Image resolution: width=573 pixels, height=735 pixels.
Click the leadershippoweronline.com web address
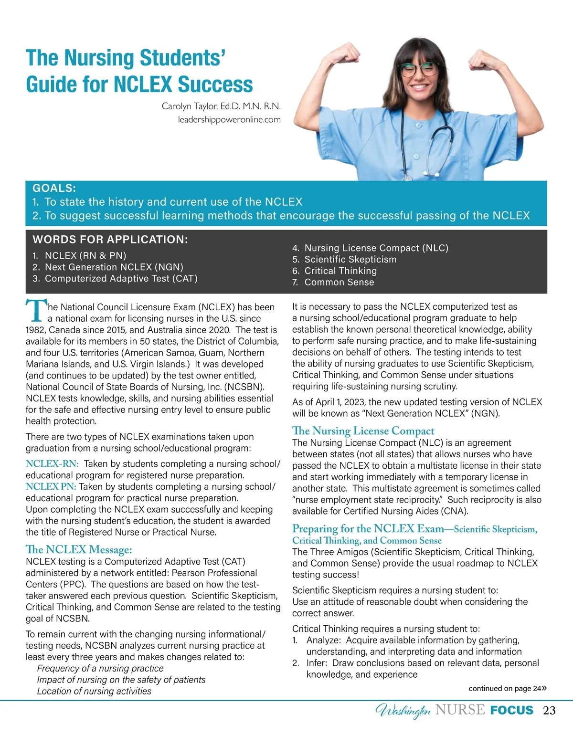click(229, 119)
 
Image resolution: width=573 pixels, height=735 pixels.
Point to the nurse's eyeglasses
click(419, 70)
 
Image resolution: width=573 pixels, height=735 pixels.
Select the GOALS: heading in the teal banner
click(54, 188)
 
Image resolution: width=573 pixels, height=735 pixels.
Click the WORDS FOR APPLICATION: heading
click(110, 240)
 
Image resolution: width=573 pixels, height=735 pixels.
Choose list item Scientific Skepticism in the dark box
click(350, 259)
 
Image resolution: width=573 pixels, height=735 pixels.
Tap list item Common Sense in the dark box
click(339, 282)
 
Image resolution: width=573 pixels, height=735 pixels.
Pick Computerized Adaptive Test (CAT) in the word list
click(121, 278)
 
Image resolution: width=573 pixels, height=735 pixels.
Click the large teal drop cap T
click(35, 311)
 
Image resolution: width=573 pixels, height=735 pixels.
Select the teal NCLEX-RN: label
click(52, 464)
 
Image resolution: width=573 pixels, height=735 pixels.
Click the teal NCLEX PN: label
click(51, 487)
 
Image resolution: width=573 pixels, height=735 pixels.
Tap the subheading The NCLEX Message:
click(79, 550)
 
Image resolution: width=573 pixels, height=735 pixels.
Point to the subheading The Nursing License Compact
click(363, 431)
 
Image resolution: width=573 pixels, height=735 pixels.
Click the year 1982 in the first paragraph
click(35, 330)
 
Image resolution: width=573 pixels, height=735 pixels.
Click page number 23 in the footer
click(549, 711)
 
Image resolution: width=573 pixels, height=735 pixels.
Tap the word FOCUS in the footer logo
click(511, 710)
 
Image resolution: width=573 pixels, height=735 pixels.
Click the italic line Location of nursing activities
click(94, 691)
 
